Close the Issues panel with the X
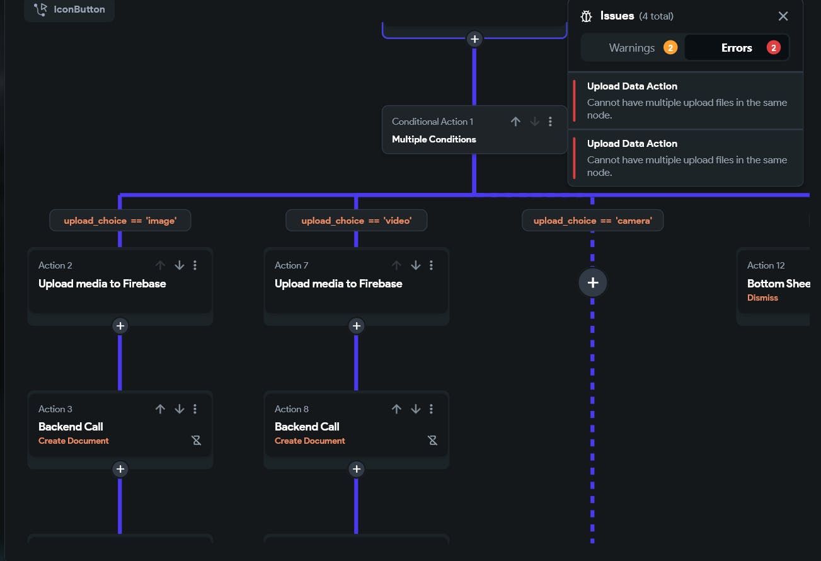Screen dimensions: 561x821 (x=783, y=16)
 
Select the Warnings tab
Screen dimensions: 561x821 (x=632, y=48)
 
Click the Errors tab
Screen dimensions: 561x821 (x=737, y=48)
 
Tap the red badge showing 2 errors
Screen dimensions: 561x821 (x=774, y=48)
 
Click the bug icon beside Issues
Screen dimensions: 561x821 (x=586, y=16)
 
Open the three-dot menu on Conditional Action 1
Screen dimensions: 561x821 (x=551, y=122)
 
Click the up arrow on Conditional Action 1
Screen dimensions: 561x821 (x=515, y=122)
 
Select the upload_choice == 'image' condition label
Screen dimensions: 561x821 (x=120, y=221)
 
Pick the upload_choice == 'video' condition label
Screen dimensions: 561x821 (x=356, y=221)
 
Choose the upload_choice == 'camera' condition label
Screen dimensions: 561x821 (x=592, y=221)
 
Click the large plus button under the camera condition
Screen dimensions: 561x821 (x=592, y=283)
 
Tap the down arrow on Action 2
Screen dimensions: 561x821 (x=180, y=265)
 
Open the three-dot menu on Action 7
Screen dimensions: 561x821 (x=432, y=265)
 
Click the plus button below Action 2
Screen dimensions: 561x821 (x=120, y=326)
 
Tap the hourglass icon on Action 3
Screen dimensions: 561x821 (x=197, y=441)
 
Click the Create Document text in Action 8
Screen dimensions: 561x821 (x=310, y=441)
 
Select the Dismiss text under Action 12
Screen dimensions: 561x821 (x=762, y=298)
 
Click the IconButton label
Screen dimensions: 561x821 (x=79, y=9)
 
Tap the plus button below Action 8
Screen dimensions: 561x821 (x=357, y=469)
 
